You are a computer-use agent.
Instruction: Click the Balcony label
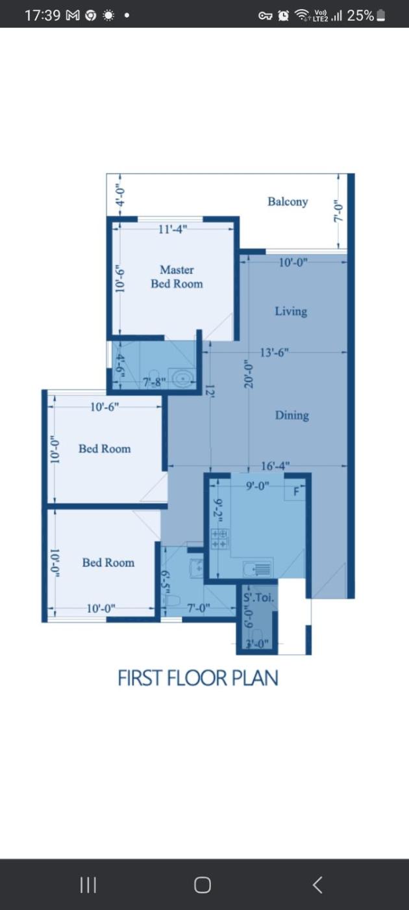coord(288,201)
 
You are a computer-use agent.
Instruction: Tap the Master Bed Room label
coord(177,277)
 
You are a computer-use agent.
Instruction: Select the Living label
coord(291,311)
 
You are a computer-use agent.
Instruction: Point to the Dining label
coord(292,415)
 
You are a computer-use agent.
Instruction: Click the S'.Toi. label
coord(259,597)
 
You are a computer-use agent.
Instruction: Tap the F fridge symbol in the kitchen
coord(296,492)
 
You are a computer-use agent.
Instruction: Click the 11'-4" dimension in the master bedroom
coord(173,229)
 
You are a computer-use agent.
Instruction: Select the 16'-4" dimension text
coord(275,466)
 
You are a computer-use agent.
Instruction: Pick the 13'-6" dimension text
coord(275,352)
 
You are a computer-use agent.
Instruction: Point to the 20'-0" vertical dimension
coord(249,374)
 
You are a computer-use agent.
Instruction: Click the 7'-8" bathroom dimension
coord(155,382)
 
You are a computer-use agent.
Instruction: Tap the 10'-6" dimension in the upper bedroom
coord(105,407)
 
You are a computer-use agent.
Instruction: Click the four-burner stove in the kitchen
coord(219,539)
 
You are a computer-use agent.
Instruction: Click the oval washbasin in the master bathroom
coord(183,378)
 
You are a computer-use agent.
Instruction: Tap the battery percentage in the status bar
coord(360,16)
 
